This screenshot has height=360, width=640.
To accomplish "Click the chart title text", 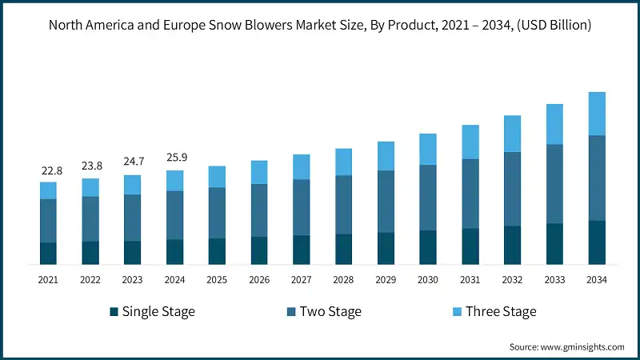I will tap(320, 26).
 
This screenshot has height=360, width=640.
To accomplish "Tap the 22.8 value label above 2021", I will tap(48, 170).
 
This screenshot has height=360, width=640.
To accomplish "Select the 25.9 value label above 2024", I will tap(174, 158).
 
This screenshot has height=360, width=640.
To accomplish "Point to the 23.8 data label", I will tap(90, 167).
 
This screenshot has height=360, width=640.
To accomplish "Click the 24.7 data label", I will tap(132, 163).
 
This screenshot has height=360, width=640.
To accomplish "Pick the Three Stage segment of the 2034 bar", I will tap(597, 114).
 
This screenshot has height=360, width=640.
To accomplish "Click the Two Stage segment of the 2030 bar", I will tap(428, 198).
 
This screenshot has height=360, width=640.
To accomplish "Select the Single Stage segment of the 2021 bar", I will tap(48, 253).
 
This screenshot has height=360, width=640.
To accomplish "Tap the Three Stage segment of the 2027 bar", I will tap(301, 166).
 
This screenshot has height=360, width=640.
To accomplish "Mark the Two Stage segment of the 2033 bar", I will tap(554, 184).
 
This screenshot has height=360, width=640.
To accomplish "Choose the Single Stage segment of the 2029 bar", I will tap(386, 248).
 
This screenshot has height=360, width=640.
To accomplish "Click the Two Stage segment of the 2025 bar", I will tap(217, 213).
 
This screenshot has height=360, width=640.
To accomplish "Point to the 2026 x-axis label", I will tap(259, 280).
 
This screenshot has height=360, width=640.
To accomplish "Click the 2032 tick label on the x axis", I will tap(512, 280).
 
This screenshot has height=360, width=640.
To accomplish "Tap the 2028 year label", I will tap(343, 280).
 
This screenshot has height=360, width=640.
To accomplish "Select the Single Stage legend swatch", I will tap(114, 311).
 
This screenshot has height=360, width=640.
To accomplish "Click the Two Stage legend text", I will tap(330, 311).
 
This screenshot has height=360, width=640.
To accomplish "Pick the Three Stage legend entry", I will tap(501, 311).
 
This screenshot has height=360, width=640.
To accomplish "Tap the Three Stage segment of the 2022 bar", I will tap(90, 187).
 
